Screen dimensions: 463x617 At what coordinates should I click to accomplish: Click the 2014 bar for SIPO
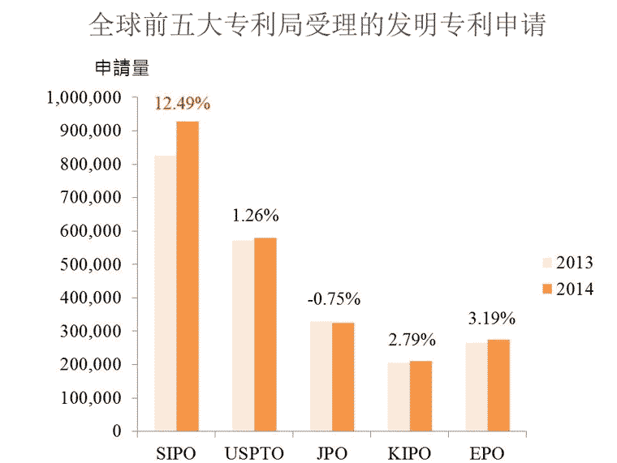[x=188, y=276]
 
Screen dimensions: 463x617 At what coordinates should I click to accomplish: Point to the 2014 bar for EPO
[x=498, y=385]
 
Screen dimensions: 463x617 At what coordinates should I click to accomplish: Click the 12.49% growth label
[x=183, y=104]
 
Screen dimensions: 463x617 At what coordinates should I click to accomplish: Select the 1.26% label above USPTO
[x=256, y=216]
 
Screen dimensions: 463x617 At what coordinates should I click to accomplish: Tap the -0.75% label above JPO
[x=334, y=299]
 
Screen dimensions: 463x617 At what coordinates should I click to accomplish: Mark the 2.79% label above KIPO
[x=412, y=339]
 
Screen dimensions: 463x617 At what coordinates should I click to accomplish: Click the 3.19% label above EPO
[x=490, y=317]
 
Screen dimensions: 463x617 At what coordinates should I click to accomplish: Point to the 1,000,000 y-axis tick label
[x=84, y=97]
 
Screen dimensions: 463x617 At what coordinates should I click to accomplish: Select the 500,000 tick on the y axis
[x=92, y=264]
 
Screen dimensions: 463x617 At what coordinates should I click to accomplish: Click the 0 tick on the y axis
[x=117, y=431]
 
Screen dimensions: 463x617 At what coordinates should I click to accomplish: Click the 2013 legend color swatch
[x=547, y=263]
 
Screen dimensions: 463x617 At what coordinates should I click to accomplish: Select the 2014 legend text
[x=575, y=289]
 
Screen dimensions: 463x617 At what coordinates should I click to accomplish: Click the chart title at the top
[x=317, y=24]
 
